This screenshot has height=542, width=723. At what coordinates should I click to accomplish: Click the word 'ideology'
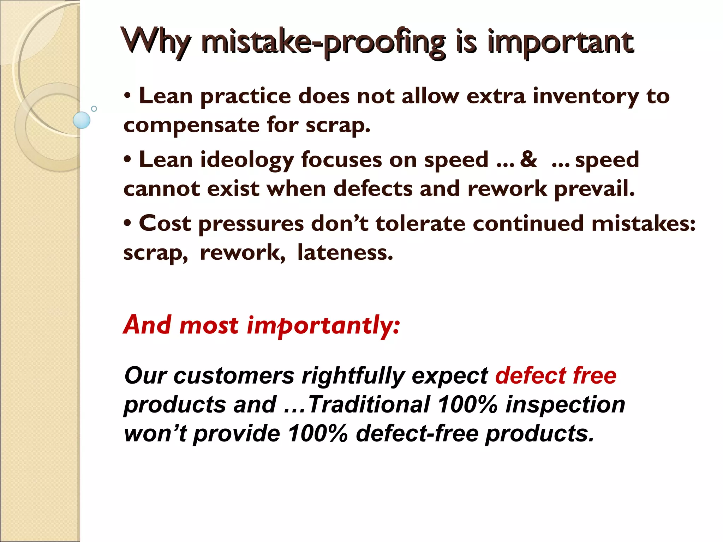tap(247, 160)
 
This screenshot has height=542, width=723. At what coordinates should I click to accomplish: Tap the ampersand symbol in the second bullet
tap(528, 159)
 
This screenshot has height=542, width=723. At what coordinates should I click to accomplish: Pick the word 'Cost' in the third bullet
tap(165, 224)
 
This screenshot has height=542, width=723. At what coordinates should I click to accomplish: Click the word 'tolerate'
tap(420, 224)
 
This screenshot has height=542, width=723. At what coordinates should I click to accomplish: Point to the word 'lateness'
tap(345, 253)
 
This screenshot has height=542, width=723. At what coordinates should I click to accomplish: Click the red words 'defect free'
tap(556, 375)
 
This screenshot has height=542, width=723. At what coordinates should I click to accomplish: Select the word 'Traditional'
tap(369, 404)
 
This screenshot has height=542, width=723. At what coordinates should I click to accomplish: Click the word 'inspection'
tap(565, 404)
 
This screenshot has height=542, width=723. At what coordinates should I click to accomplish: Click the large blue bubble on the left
tap(82, 120)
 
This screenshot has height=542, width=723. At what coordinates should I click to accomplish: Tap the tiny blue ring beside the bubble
tap(94, 109)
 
